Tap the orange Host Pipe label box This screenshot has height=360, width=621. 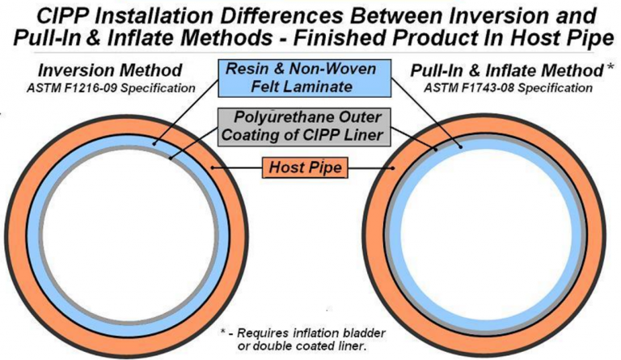302,168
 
